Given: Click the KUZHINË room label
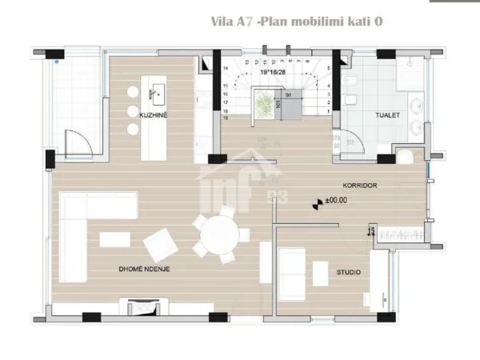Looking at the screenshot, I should coord(152,116).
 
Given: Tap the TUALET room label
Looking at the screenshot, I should coord(388,116).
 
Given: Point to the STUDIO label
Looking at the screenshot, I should coord(348,272).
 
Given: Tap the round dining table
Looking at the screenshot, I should coord(219,234).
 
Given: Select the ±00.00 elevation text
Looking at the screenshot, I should coord(336,201).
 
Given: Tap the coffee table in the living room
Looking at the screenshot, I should coord(114,238).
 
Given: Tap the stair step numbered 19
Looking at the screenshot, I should coord(226,117).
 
